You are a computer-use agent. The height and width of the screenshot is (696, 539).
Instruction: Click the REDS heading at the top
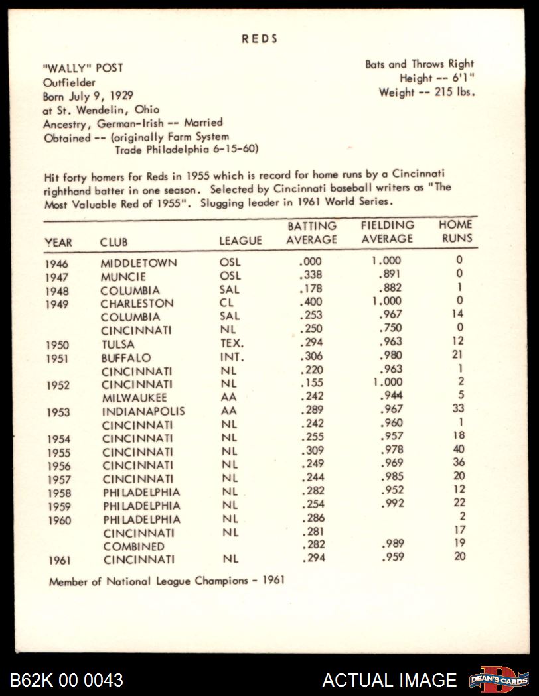coord(260,39)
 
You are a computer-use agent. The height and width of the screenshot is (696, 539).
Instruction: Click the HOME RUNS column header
coord(455,231)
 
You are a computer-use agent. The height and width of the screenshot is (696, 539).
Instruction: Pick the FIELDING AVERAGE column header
coord(387,232)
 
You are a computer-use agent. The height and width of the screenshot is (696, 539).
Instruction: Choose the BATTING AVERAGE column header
coord(311,233)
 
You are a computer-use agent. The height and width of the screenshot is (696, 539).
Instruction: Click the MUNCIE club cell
coord(123,276)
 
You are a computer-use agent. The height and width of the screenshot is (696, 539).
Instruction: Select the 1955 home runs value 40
coord(458,449)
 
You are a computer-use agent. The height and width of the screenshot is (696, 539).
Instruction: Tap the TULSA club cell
coord(118,344)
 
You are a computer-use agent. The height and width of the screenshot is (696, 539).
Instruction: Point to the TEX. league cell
coord(232,343)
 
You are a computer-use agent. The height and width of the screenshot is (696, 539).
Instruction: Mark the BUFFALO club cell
coord(126,357)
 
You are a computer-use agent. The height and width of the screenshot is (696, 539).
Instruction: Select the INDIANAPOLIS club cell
coord(143,411)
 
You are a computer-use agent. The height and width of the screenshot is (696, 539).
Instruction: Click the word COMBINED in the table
coord(134,546)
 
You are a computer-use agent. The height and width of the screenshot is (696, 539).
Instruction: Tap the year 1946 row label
coord(57,264)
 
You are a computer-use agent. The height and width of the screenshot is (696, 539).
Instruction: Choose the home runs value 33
coord(458,408)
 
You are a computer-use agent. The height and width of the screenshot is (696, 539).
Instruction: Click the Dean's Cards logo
coord(499,679)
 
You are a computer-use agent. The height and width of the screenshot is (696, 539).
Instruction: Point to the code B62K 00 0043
coord(66,680)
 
